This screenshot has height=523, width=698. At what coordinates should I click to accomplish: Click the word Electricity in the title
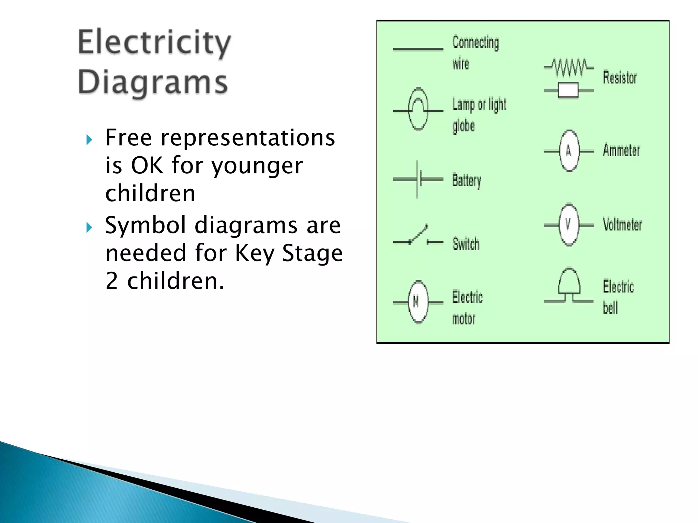pyautogui.click(x=154, y=43)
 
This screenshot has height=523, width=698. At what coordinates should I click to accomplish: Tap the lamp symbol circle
pyautogui.click(x=418, y=110)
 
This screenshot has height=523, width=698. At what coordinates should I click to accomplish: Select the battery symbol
pyautogui.click(x=419, y=179)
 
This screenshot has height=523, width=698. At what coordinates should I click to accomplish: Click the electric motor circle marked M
pyautogui.click(x=418, y=302)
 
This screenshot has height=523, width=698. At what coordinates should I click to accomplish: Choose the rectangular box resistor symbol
pyautogui.click(x=568, y=91)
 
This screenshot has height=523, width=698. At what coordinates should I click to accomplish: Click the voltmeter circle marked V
pyautogui.click(x=569, y=225)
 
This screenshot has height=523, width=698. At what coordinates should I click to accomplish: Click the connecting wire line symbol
pyautogui.click(x=418, y=49)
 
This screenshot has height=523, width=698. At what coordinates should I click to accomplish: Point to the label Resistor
pyautogui.click(x=620, y=78)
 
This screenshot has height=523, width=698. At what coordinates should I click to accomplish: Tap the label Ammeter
pyautogui.click(x=621, y=150)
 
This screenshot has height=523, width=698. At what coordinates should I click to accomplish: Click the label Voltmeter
pyautogui.click(x=622, y=224)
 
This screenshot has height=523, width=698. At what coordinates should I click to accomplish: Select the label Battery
pyautogui.click(x=467, y=180)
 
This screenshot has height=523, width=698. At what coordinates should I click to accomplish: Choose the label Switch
pyautogui.click(x=466, y=244)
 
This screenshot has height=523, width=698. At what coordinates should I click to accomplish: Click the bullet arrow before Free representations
pyautogui.click(x=89, y=140)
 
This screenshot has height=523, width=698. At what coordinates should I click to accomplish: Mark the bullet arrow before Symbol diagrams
pyautogui.click(x=89, y=227)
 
